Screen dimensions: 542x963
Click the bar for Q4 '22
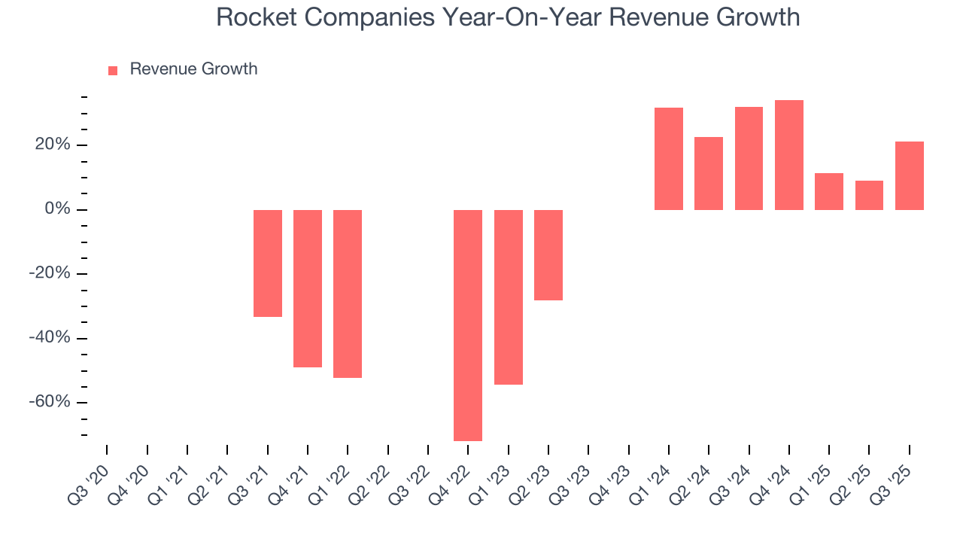[468, 325]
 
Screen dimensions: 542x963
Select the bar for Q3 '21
[268, 263]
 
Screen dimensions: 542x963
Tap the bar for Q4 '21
[308, 288]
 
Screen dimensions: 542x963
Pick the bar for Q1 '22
[348, 294]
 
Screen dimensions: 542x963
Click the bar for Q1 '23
[509, 297]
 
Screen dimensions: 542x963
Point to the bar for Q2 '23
[548, 255]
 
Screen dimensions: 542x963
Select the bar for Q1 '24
[669, 159]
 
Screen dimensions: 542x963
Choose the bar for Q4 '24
[789, 155]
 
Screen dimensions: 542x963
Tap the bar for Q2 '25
[869, 195]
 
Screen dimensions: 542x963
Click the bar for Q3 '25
[910, 175]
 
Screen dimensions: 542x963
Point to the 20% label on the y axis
[52, 145]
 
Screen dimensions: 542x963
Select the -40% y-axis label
[49, 338]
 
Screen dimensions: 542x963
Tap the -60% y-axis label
[49, 402]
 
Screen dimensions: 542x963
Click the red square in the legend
[113, 70]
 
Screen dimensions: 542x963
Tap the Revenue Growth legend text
[193, 69]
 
